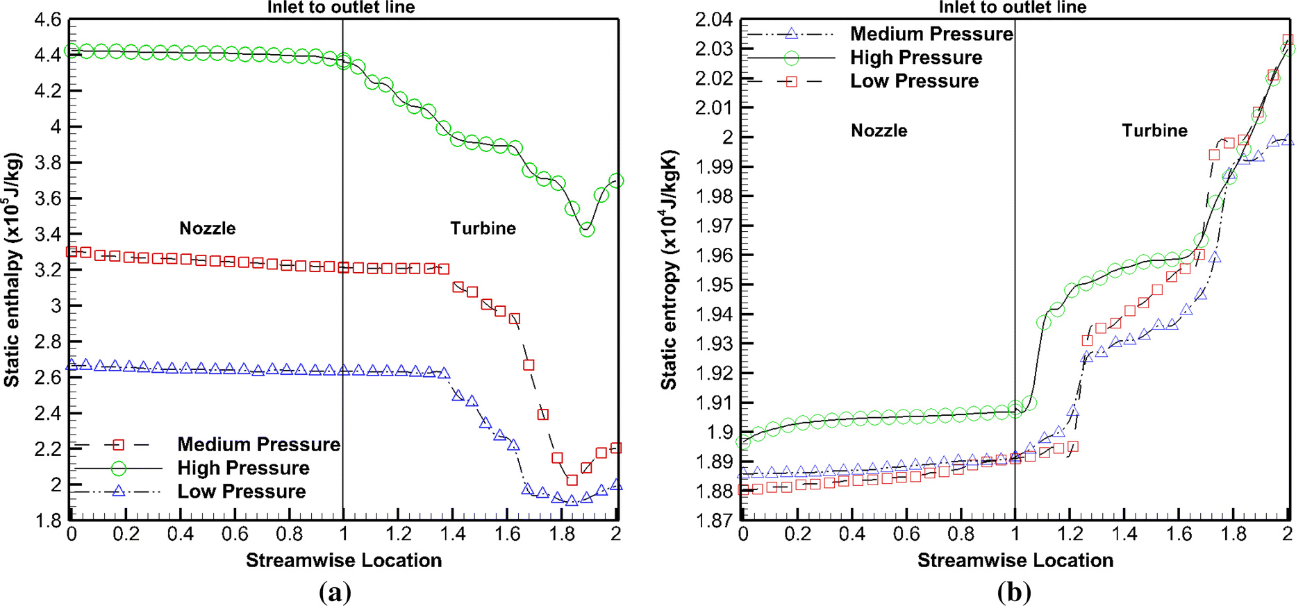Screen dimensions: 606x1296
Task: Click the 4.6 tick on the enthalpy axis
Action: coord(47,19)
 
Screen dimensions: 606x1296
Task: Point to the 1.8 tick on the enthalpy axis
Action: coord(47,521)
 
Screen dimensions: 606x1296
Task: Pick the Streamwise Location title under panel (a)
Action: coord(343,560)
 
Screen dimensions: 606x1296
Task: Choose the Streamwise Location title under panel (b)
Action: coord(1015,560)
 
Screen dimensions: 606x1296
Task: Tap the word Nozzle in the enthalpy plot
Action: coord(207,228)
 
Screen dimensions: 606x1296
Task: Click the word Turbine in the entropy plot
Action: coord(1154,131)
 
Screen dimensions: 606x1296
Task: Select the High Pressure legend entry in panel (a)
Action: coord(243,468)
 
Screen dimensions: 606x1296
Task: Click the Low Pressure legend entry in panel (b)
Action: coord(914,81)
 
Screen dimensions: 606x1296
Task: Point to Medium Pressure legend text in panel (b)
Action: coord(931,34)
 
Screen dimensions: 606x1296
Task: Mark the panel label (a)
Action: coord(335,592)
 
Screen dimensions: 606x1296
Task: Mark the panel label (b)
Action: coord(1014,592)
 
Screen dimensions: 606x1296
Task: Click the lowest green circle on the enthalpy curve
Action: coord(587,229)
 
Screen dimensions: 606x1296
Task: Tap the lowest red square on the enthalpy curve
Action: coord(572,480)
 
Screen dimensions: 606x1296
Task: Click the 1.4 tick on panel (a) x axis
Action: coord(452,534)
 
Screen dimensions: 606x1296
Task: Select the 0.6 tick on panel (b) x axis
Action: coord(906,534)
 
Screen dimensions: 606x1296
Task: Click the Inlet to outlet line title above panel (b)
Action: coord(1012,8)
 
